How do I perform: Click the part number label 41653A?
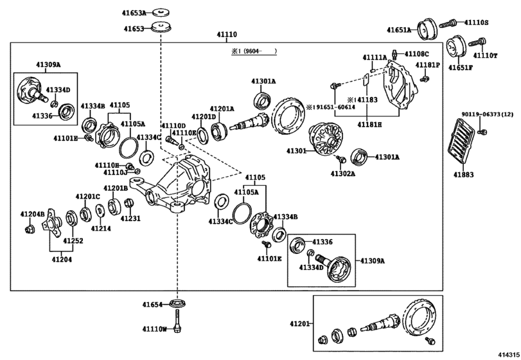134,12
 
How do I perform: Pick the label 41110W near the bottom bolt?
154,329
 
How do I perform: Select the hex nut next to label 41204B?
29,229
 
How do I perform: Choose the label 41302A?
344,173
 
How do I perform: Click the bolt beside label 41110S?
451,24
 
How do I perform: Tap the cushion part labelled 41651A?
425,30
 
